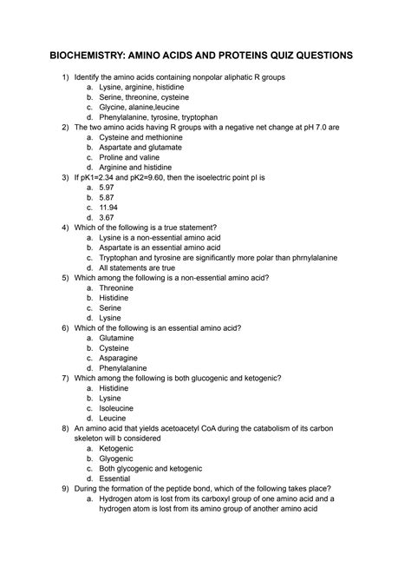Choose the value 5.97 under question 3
(108, 187)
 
